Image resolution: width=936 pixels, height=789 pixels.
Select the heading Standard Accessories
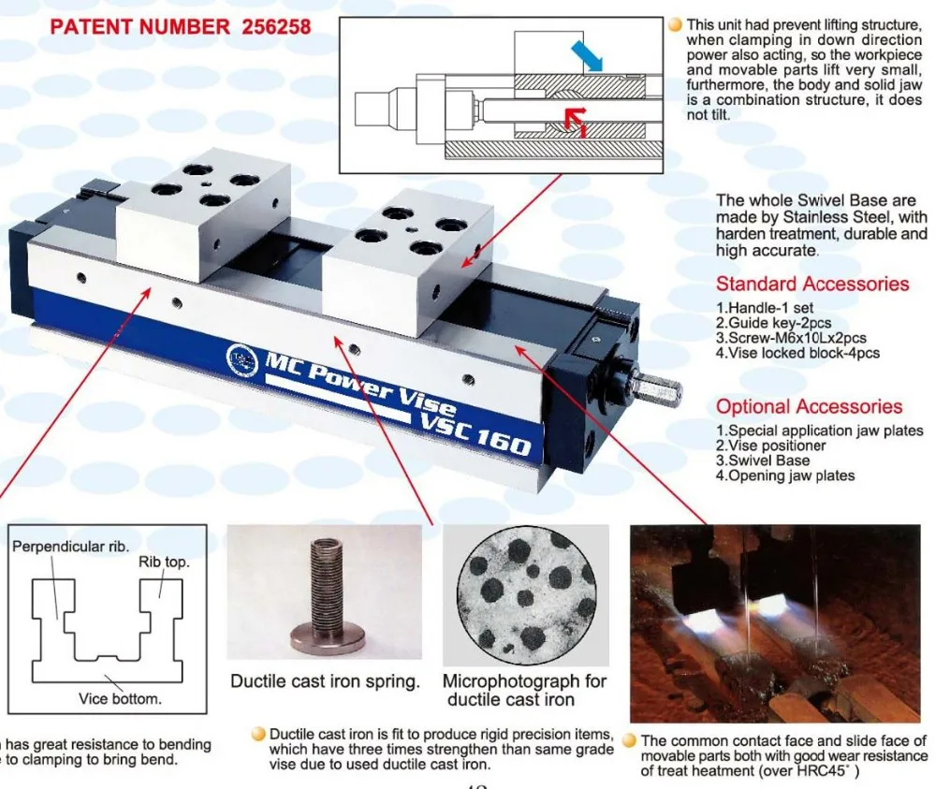(x=812, y=284)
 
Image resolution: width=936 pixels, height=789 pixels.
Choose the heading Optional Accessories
(x=809, y=406)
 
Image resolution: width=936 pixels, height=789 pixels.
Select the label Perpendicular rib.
(x=70, y=545)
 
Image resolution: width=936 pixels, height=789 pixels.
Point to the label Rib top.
(x=164, y=563)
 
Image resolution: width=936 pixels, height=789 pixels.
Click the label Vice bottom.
(x=120, y=698)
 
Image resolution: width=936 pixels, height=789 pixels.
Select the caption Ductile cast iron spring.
(x=325, y=681)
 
